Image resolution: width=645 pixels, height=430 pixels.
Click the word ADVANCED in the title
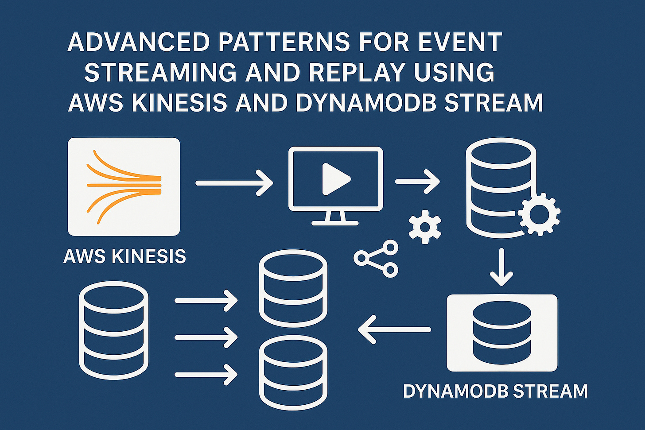point(138,43)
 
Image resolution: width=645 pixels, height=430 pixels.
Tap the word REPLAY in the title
point(360,73)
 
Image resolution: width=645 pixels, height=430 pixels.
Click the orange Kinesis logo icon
point(124,186)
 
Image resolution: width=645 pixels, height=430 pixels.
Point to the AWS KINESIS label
point(124,256)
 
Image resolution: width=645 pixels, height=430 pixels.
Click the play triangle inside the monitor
point(335,179)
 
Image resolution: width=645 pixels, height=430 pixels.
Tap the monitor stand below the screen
point(335,218)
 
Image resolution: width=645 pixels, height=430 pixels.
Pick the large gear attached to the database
point(539,214)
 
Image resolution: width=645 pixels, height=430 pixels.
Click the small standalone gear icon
point(424,227)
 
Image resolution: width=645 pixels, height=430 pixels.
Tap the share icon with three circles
point(376,259)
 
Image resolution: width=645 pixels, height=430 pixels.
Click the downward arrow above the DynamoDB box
point(501,267)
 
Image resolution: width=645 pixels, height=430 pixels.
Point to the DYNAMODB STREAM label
point(495,391)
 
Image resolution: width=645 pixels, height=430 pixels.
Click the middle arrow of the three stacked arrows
point(206,337)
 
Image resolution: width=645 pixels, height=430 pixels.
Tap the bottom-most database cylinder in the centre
point(293,372)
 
